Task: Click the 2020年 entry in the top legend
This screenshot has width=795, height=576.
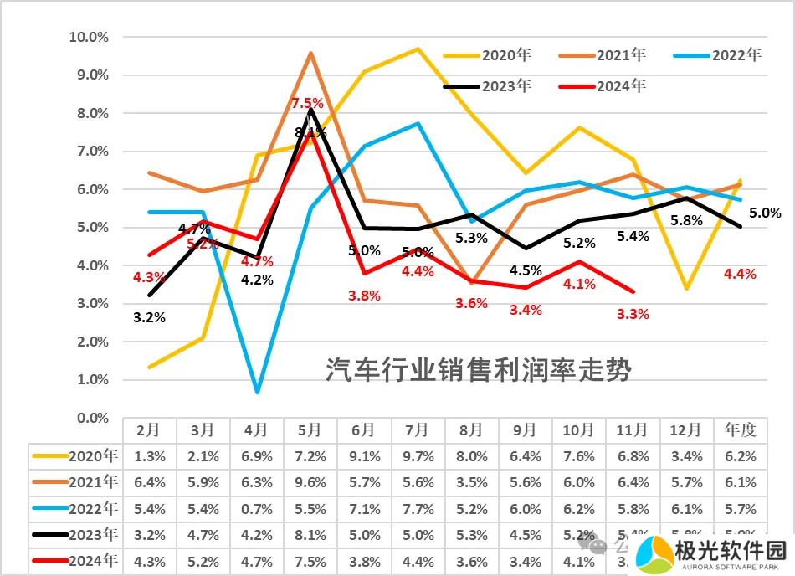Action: click(507, 55)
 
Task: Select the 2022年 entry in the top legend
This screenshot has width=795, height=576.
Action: click(737, 55)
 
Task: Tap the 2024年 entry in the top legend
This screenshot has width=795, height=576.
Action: click(622, 85)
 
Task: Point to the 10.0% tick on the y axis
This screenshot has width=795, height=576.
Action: click(88, 37)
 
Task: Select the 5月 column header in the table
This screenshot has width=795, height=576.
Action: click(310, 429)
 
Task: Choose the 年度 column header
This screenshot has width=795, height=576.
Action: click(741, 429)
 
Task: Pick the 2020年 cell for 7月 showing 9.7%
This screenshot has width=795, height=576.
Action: click(417, 456)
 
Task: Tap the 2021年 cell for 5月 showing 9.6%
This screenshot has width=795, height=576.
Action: click(310, 482)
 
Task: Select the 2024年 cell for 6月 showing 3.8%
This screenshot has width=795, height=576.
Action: click(363, 562)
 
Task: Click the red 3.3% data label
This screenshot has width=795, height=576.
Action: click(632, 314)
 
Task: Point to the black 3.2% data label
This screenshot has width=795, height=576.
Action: click(150, 317)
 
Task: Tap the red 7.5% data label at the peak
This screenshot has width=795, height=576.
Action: click(307, 103)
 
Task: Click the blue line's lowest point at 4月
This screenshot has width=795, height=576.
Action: click(257, 391)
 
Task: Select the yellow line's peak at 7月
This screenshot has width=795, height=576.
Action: click(417, 49)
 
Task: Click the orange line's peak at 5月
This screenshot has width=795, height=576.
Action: click(310, 53)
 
